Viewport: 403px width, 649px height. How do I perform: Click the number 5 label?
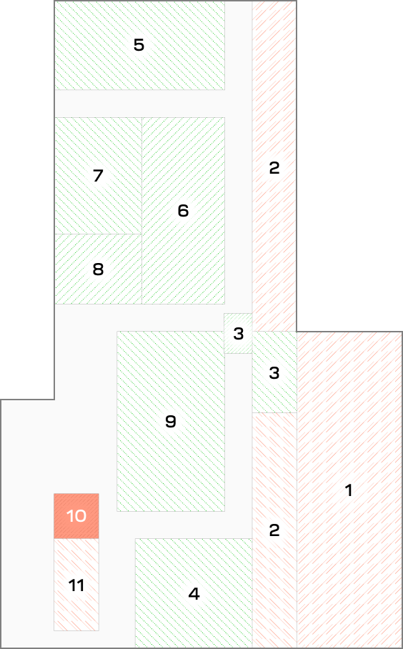139,45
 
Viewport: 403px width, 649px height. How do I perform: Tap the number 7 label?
98,176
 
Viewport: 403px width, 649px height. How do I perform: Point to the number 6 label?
183,211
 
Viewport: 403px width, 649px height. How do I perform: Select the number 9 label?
171,422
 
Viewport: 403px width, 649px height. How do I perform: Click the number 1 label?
349,490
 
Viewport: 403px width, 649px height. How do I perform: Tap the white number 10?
76,516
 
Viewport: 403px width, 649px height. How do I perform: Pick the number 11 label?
76,585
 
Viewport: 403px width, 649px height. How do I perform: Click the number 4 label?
194,595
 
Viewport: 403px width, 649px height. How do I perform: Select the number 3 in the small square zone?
239,334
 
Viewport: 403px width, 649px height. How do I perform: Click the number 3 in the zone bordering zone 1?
274,373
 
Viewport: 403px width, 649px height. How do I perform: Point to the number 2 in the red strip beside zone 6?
274,168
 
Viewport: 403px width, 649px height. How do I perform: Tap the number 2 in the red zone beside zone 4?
274,530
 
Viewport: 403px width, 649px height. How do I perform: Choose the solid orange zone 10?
76,516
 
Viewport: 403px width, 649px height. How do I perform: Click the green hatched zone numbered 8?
99,269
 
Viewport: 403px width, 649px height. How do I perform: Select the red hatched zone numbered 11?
76,585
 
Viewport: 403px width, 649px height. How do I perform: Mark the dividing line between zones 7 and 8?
99,234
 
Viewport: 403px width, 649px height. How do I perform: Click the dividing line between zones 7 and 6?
142,176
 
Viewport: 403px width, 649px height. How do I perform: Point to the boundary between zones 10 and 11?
76,539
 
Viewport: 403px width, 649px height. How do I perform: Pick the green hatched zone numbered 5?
140,45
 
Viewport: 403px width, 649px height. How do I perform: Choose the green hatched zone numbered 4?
194,593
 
